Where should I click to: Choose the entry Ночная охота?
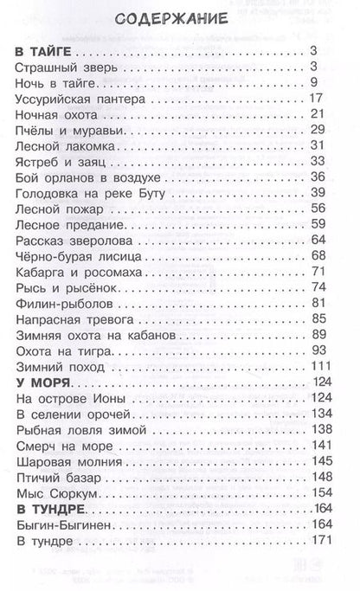[54, 115]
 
